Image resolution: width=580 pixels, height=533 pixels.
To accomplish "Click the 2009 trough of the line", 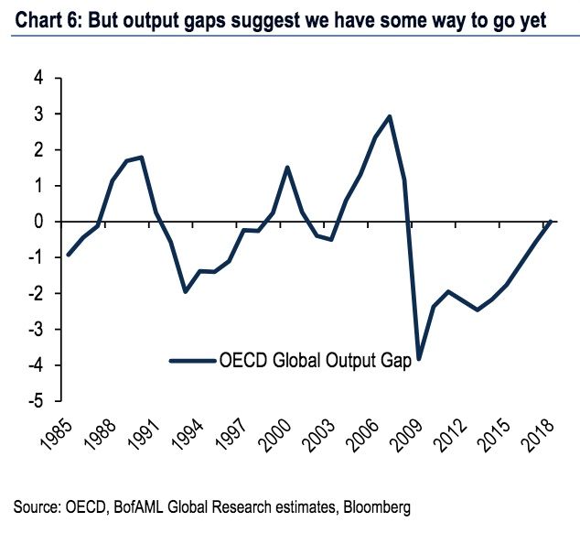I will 419,358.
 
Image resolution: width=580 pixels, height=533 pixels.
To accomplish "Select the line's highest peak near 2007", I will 390,116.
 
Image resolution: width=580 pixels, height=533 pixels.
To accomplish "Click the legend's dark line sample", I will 191,360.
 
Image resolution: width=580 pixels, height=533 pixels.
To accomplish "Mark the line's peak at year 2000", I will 287,168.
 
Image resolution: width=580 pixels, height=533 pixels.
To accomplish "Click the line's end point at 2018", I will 551,221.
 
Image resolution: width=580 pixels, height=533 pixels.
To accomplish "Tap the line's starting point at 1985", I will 68,255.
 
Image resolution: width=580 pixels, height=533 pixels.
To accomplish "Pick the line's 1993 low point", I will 185,291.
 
